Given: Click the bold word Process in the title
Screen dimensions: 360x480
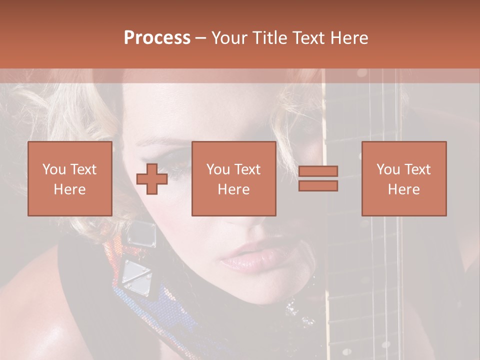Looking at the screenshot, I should (x=157, y=38).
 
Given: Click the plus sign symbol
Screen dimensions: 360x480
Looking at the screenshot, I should (x=152, y=179).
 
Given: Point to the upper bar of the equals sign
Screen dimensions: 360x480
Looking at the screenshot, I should (x=318, y=171).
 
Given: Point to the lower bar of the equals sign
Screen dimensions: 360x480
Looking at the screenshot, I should (x=318, y=185).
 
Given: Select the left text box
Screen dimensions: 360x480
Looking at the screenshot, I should (x=70, y=178).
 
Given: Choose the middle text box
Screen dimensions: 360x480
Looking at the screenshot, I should (x=233, y=178).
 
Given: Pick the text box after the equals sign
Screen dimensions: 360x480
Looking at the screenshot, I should (x=404, y=178).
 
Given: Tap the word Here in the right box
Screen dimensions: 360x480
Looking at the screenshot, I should (x=404, y=189).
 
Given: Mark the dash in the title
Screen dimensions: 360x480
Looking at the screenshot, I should (x=201, y=38).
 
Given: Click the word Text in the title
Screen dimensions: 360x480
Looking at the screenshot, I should (x=306, y=38).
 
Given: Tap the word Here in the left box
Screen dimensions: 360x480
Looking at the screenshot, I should (x=70, y=189).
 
